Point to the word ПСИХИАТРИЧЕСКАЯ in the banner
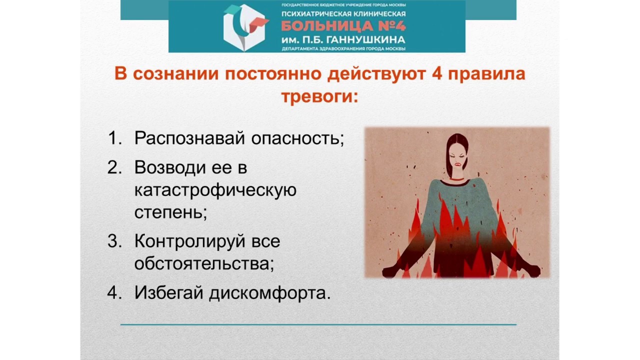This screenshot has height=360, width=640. pos(315,13)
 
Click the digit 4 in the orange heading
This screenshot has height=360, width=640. pos(434,74)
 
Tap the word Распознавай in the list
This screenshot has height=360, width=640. pos(189,138)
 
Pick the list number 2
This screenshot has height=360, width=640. pos(114,167)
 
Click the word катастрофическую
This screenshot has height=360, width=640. pos(215,190)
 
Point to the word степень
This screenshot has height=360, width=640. pos(170,212)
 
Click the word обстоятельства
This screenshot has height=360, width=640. pos(203,263)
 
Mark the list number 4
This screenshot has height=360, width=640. pos(114,293)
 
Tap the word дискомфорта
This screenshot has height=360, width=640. pos(269,293)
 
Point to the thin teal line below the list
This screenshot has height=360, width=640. pos(318,324)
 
